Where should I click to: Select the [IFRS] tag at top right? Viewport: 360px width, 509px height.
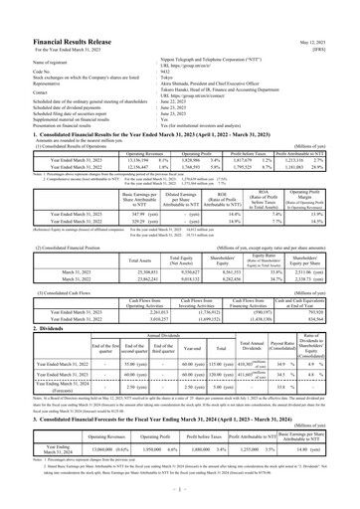coord(339,26)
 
